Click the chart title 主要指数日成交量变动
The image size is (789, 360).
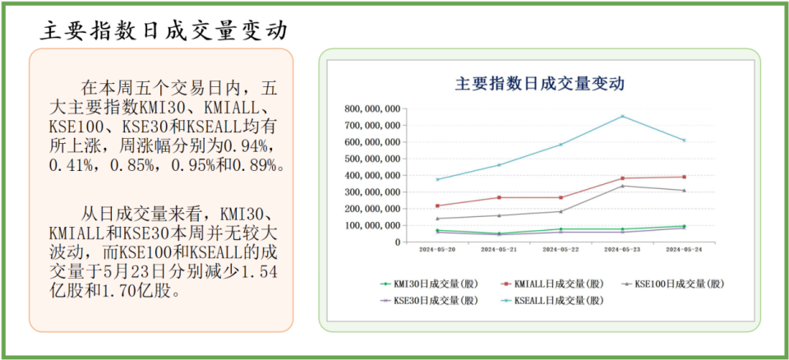pos(540,83)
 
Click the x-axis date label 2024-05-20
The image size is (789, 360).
pos(437,249)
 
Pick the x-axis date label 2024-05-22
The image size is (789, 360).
pos(561,249)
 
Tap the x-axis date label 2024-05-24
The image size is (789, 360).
pos(684,249)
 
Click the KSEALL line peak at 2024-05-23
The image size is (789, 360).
pos(622,116)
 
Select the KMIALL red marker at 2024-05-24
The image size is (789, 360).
pos(684,177)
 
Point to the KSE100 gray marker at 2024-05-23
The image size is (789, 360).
pos(622,186)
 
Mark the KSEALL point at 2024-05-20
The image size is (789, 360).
pos(437,179)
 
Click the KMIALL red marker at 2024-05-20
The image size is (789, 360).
pos(437,205)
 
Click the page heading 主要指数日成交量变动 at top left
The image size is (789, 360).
pos(164,31)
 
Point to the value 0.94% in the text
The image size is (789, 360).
pos(244,145)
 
